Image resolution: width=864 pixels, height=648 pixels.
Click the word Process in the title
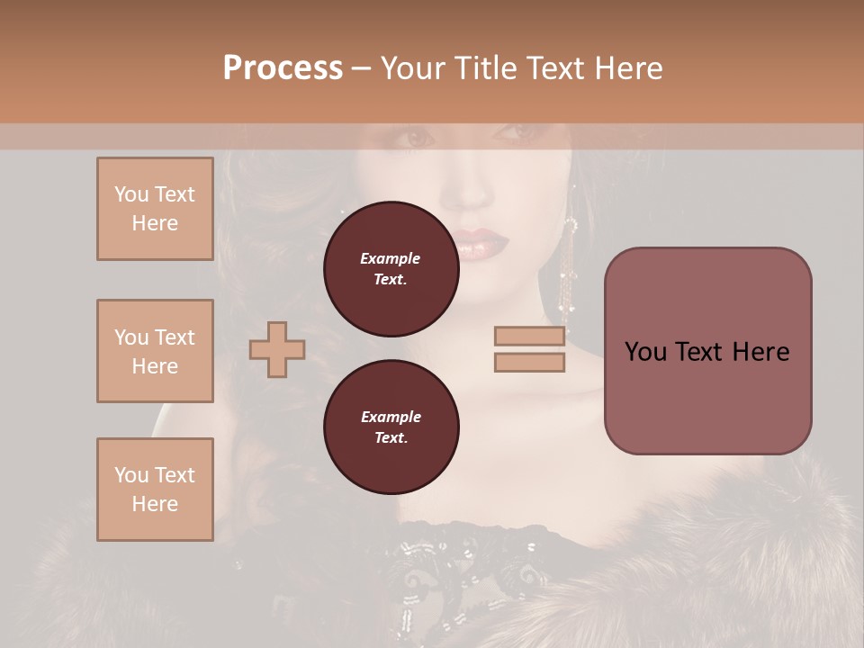coord(283,68)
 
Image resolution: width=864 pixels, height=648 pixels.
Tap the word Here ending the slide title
coord(627,68)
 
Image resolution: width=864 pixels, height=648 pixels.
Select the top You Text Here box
coord(155,209)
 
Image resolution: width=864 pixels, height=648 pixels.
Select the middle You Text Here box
coord(155,351)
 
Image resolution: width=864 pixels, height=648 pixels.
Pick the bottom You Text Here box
coord(155,490)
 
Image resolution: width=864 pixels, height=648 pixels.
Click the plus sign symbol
coord(276,349)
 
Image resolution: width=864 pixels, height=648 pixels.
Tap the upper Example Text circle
coord(391,269)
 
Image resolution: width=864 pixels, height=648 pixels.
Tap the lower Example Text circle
coord(391,427)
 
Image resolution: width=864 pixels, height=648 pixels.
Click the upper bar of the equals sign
coord(529,337)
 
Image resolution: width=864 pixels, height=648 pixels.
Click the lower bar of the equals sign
coord(529,363)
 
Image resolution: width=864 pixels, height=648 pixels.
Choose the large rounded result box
coord(707,350)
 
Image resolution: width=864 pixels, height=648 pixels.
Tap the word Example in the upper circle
coord(391,258)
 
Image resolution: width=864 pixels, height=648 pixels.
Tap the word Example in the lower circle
coord(391,417)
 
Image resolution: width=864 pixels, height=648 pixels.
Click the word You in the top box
coord(130,194)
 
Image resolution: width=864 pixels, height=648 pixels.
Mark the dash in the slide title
coord(362,68)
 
